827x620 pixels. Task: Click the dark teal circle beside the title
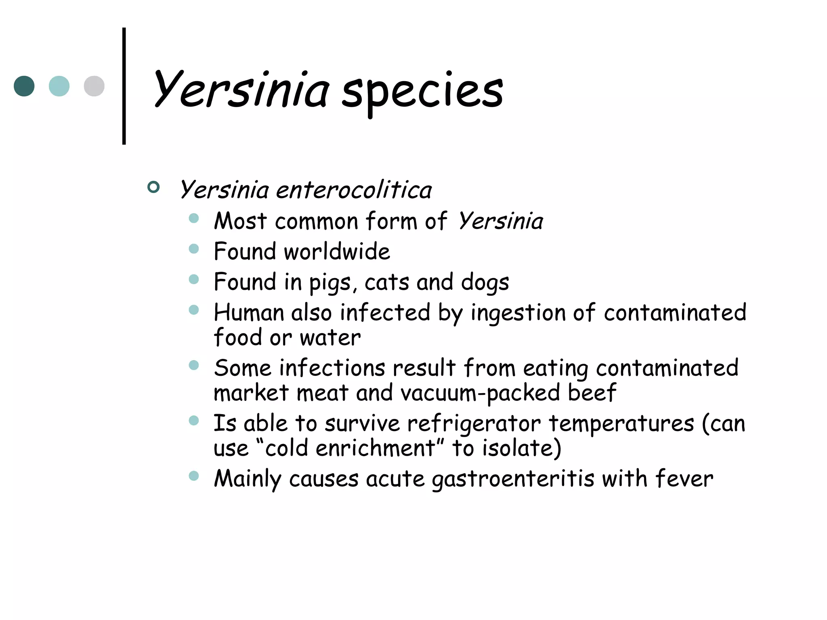(24, 86)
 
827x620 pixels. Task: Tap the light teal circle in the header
(59, 86)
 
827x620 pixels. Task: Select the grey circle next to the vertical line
(94, 86)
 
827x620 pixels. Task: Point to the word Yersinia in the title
(241, 90)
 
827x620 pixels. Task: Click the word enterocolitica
(354, 190)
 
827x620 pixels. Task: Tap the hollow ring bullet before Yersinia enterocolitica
(153, 187)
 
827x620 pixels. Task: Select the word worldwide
(337, 251)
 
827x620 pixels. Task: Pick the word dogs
(485, 282)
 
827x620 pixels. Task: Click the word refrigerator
(473, 424)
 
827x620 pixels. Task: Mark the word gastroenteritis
(513, 480)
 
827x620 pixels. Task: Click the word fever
(684, 479)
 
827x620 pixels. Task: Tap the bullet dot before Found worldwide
(194, 249)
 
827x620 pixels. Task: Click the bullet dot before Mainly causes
(194, 476)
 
